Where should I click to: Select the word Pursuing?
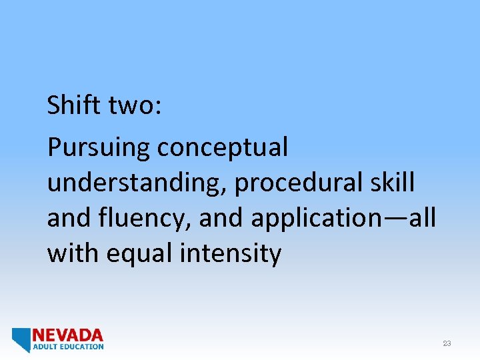pyautogui.click(x=99, y=148)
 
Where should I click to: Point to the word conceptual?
pyautogui.click(x=223, y=148)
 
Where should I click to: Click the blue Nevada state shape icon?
pyautogui.click(x=21, y=339)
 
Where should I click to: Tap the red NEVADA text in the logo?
pyautogui.click(x=68, y=335)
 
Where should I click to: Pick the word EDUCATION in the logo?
pyautogui.click(x=81, y=347)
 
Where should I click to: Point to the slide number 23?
pyautogui.click(x=447, y=343)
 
